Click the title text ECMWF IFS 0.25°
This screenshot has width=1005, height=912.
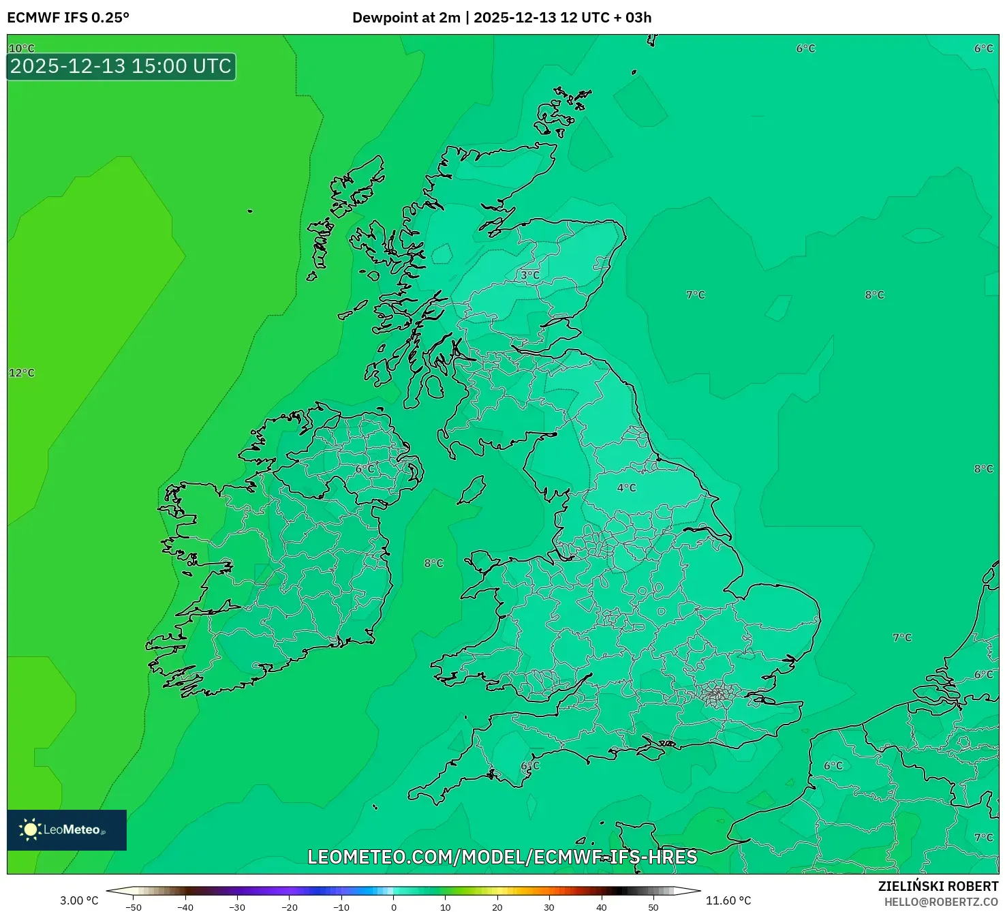[x=68, y=18]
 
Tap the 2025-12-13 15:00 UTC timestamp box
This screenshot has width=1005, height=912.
[x=121, y=67]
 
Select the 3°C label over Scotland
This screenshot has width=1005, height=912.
[x=530, y=275]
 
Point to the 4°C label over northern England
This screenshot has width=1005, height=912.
[x=626, y=488]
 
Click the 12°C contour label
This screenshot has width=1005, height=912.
[x=21, y=373]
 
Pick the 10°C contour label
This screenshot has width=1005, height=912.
[x=21, y=48]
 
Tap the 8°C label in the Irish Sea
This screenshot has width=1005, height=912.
[x=433, y=563]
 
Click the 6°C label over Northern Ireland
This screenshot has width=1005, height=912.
[x=365, y=469]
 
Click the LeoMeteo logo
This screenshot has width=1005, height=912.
[x=67, y=830]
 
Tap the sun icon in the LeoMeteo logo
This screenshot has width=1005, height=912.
[x=30, y=830]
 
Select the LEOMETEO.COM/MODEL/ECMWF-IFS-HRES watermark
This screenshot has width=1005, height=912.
[x=502, y=857]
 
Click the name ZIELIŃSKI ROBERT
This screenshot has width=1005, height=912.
[x=938, y=886]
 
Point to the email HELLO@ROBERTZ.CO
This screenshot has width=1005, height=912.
[x=941, y=902]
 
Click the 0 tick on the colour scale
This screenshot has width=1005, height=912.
[x=394, y=907]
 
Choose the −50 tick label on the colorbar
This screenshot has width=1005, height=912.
[x=134, y=907]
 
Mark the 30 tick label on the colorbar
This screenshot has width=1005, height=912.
[x=549, y=907]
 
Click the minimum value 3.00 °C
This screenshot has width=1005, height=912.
[x=79, y=900]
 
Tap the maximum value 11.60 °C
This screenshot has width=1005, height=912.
[x=728, y=900]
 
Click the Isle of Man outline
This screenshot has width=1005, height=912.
[x=472, y=490]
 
